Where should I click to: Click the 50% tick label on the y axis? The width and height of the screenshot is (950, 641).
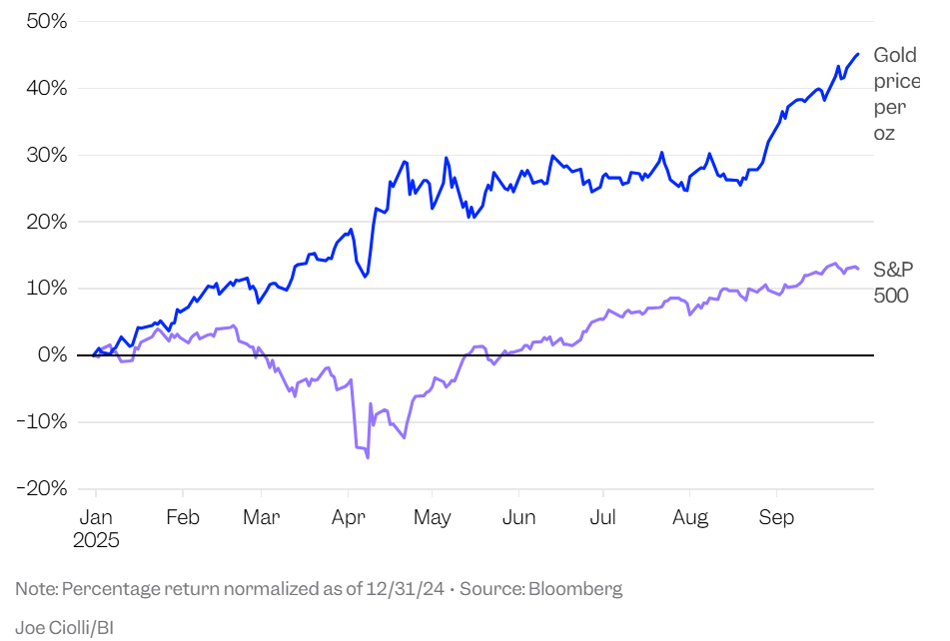click(46, 22)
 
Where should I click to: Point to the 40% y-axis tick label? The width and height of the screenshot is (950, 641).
click(46, 89)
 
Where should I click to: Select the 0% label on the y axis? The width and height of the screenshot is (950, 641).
click(52, 355)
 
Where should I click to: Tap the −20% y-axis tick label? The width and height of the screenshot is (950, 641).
click(41, 488)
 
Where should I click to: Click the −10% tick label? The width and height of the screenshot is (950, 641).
click(41, 422)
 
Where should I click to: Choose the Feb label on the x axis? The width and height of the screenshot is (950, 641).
click(183, 518)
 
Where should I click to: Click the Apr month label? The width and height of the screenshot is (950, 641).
click(347, 518)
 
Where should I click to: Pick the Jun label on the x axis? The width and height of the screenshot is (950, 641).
click(518, 518)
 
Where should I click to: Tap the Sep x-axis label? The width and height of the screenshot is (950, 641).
click(776, 518)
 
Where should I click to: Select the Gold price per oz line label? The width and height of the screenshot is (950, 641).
click(895, 94)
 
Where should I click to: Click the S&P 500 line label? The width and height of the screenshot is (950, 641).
click(892, 282)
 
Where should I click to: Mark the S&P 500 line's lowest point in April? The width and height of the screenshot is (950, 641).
click(368, 457)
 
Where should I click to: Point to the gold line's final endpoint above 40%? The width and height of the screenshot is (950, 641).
click(858, 54)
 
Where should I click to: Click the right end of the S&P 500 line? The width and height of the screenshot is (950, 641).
click(858, 269)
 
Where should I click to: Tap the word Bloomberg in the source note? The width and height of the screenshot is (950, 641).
click(574, 589)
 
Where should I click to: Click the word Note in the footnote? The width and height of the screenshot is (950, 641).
click(35, 589)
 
